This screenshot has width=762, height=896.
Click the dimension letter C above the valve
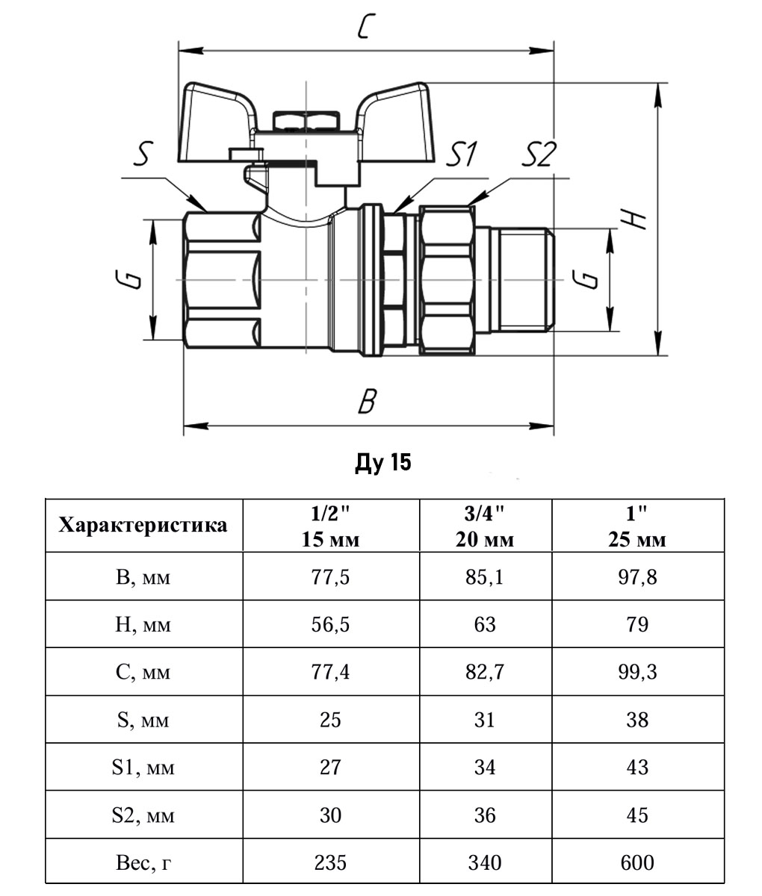[x=365, y=27]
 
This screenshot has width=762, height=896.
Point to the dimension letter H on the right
[x=634, y=217]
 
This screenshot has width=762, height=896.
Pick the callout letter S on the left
[x=143, y=156]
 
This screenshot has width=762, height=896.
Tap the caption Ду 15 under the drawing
[x=382, y=464]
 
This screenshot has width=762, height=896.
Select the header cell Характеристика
[x=143, y=526]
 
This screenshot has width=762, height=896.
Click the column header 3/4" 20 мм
[x=485, y=526]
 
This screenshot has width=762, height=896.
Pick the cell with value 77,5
[x=330, y=576]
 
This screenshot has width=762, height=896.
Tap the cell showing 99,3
[x=637, y=672]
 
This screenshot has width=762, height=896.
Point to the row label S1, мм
[x=143, y=768]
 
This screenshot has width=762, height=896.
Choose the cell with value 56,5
[x=330, y=624]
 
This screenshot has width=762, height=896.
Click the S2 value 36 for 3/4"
[x=485, y=815]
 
